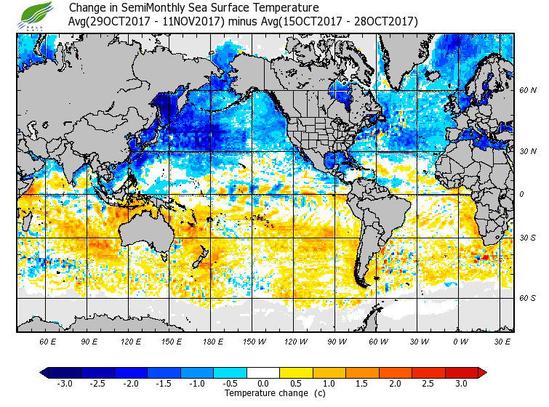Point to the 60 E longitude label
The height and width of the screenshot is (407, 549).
click(x=47, y=341)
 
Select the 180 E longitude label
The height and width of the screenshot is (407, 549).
click(x=212, y=341)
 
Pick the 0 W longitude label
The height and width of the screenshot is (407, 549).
click(x=460, y=341)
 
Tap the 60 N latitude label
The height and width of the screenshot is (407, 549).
click(x=528, y=90)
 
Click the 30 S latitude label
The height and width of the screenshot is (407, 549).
click(x=528, y=238)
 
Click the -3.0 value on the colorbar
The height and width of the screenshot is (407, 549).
click(x=65, y=383)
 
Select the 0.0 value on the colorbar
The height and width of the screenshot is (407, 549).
click(x=263, y=383)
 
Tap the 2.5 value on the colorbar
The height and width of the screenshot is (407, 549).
click(x=428, y=383)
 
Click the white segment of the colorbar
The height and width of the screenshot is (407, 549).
click(x=263, y=372)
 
